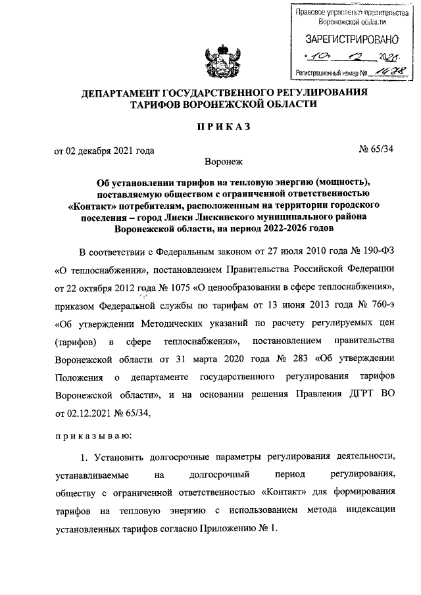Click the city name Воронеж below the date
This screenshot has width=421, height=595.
click(x=224, y=160)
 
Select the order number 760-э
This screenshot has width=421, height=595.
click(x=380, y=305)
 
